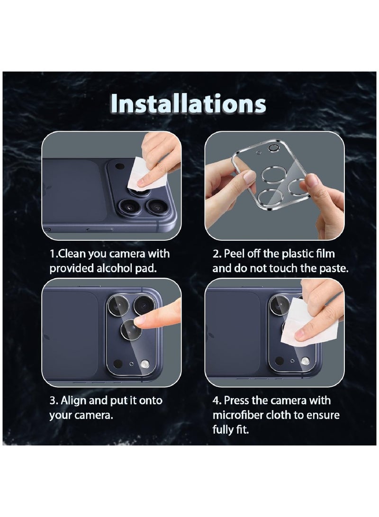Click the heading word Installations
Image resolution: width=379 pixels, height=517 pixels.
point(189,103)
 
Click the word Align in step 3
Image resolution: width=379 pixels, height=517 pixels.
point(74,400)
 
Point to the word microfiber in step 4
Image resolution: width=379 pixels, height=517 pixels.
point(235,415)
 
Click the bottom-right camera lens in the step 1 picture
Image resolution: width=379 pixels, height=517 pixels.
point(156,206)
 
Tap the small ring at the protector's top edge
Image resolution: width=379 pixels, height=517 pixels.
point(273,148)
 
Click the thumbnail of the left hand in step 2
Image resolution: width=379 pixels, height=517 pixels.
point(249,177)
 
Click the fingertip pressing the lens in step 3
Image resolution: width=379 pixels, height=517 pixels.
point(141,321)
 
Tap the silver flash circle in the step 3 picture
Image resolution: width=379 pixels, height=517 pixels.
point(145,364)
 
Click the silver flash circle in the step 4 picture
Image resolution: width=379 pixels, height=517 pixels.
point(306,362)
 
